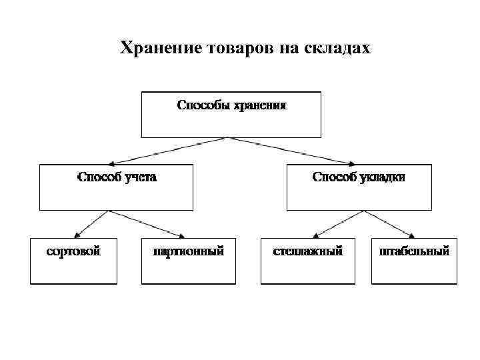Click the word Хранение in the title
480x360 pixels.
pyautogui.click(x=160, y=49)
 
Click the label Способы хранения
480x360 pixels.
pyautogui.click(x=231, y=105)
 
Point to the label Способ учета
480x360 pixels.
pyautogui.click(x=117, y=177)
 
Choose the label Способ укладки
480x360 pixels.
pyautogui.click(x=359, y=177)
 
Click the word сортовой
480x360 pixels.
pyautogui.click(x=73, y=251)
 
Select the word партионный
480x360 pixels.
pyautogui.click(x=188, y=251)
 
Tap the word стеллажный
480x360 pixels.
pyautogui.click(x=307, y=251)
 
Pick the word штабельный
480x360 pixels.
pyautogui.click(x=414, y=251)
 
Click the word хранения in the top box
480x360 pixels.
pyautogui.click(x=259, y=105)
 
